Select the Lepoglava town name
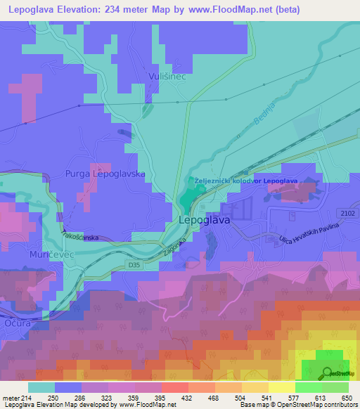(x=205, y=220)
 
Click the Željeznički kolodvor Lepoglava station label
(x=246, y=181)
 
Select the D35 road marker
(x=115, y=266)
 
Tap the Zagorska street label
(x=174, y=244)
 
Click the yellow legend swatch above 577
(x=281, y=387)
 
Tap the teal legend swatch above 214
(x=41, y=387)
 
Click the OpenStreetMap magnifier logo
(x=327, y=372)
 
